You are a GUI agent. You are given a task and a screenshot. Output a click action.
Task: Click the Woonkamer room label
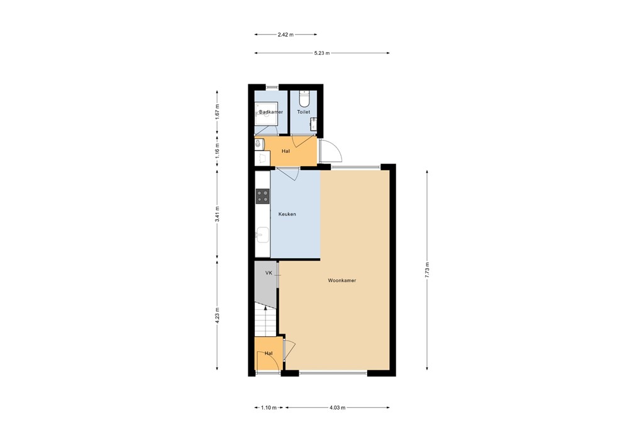tap(341, 280)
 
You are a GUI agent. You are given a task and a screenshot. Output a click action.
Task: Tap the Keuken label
tap(287, 214)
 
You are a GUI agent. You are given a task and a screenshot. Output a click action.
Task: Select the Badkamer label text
tap(271, 112)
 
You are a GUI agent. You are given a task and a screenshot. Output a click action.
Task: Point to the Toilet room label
tap(304, 112)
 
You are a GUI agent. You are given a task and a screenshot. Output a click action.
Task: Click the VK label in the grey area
tap(269, 273)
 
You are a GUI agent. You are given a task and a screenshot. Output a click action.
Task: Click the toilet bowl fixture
tap(304, 99)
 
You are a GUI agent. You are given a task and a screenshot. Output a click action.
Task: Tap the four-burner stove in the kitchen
tap(262, 196)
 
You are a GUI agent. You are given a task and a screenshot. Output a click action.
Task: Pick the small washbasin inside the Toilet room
tap(313, 125)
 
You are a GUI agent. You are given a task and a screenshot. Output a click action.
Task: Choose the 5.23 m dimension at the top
tap(321, 54)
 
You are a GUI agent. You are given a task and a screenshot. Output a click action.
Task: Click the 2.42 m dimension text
tap(286, 35)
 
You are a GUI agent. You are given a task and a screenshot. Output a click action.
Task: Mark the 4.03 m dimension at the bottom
tap(337, 408)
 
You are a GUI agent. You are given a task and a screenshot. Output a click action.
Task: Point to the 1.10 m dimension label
tap(269, 408)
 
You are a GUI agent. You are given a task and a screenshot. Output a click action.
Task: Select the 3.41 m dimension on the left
tap(217, 215)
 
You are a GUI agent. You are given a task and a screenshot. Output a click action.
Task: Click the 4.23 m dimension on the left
tap(217, 314)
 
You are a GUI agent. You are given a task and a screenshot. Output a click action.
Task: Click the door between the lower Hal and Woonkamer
tap(288, 349)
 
